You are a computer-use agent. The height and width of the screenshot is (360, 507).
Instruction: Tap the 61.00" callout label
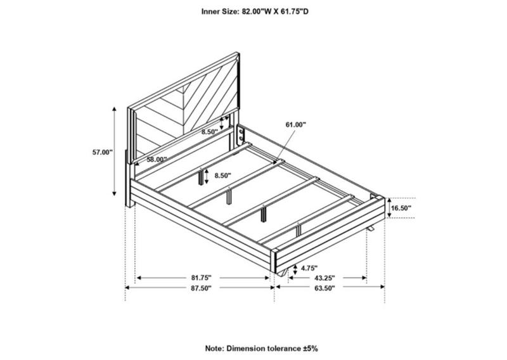coord(295,124)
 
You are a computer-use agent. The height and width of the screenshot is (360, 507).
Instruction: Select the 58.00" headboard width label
coord(157,159)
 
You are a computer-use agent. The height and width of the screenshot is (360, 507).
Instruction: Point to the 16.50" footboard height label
coord(401,208)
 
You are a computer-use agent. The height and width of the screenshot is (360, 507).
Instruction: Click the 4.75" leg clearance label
coord(309,268)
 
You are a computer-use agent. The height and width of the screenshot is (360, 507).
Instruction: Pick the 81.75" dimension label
coord(201,278)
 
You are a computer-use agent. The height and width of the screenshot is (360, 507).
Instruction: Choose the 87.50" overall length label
coord(201,287)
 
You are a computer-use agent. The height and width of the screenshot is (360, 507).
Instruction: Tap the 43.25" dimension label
coord(324,278)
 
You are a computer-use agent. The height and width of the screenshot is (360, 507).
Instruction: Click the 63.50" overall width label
coord(324,287)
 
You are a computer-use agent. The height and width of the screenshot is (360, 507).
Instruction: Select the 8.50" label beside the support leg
coord(222,176)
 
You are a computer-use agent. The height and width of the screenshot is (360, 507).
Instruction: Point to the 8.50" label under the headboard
coord(210,132)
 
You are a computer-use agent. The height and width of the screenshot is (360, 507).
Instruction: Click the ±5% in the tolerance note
coord(311,349)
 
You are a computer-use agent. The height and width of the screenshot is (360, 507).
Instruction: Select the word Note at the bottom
coord(214,349)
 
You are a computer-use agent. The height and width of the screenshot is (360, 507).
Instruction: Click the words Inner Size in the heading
coord(220,11)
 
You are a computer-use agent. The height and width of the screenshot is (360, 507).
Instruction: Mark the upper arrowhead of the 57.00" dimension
coord(114,108)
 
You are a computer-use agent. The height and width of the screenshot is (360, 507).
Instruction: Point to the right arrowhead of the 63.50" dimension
coord(383,286)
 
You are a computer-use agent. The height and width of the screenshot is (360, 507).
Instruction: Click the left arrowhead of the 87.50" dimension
coord(127,287)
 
